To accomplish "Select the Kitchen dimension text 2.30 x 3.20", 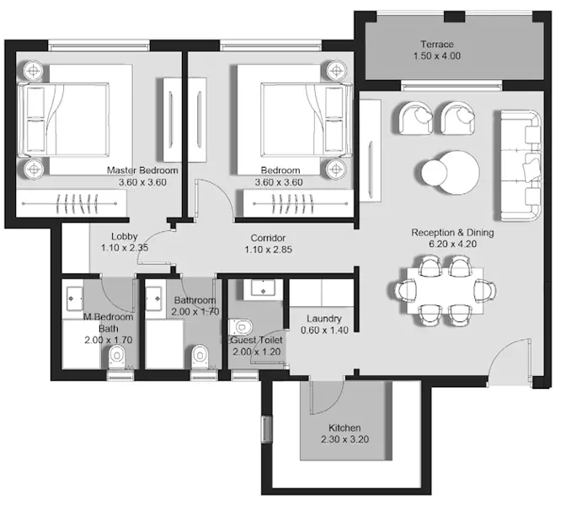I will pos(345,440).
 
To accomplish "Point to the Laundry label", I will pos(323,319).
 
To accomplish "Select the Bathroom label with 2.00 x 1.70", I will pos(195,305).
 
